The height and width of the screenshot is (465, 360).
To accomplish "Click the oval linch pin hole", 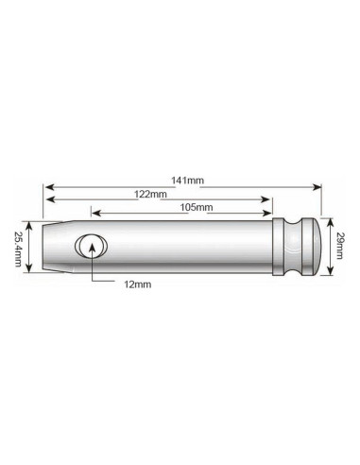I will click(x=93, y=248).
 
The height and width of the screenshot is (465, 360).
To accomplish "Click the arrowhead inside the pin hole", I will click(x=93, y=244).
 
